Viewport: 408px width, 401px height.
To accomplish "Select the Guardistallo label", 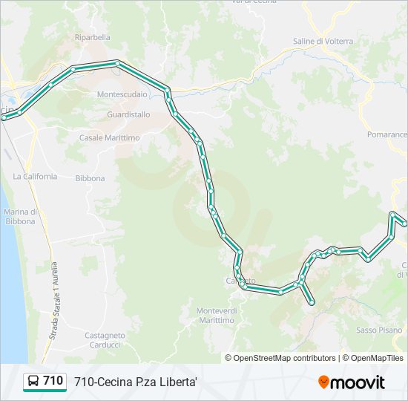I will [x=128, y=114].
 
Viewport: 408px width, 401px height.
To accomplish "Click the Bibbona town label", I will [x=90, y=178].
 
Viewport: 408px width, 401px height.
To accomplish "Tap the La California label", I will [x=35, y=176].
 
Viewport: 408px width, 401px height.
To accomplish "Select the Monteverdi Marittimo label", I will [x=215, y=315].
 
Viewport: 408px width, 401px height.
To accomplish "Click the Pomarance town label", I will [x=387, y=134].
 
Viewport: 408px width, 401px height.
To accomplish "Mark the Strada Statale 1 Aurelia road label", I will [x=53, y=301].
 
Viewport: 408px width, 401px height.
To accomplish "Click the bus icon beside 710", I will [x=34, y=382].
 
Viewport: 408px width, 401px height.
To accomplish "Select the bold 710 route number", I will [x=53, y=381].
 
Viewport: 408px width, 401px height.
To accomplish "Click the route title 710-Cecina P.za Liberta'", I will [x=135, y=382].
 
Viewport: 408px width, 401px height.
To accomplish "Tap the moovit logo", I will [x=352, y=382].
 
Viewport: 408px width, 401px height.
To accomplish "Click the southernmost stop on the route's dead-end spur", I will [x=312, y=302].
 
